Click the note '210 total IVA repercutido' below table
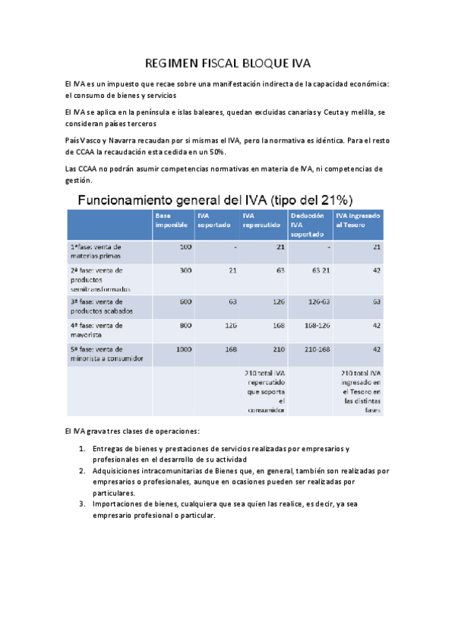pos(264,392)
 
